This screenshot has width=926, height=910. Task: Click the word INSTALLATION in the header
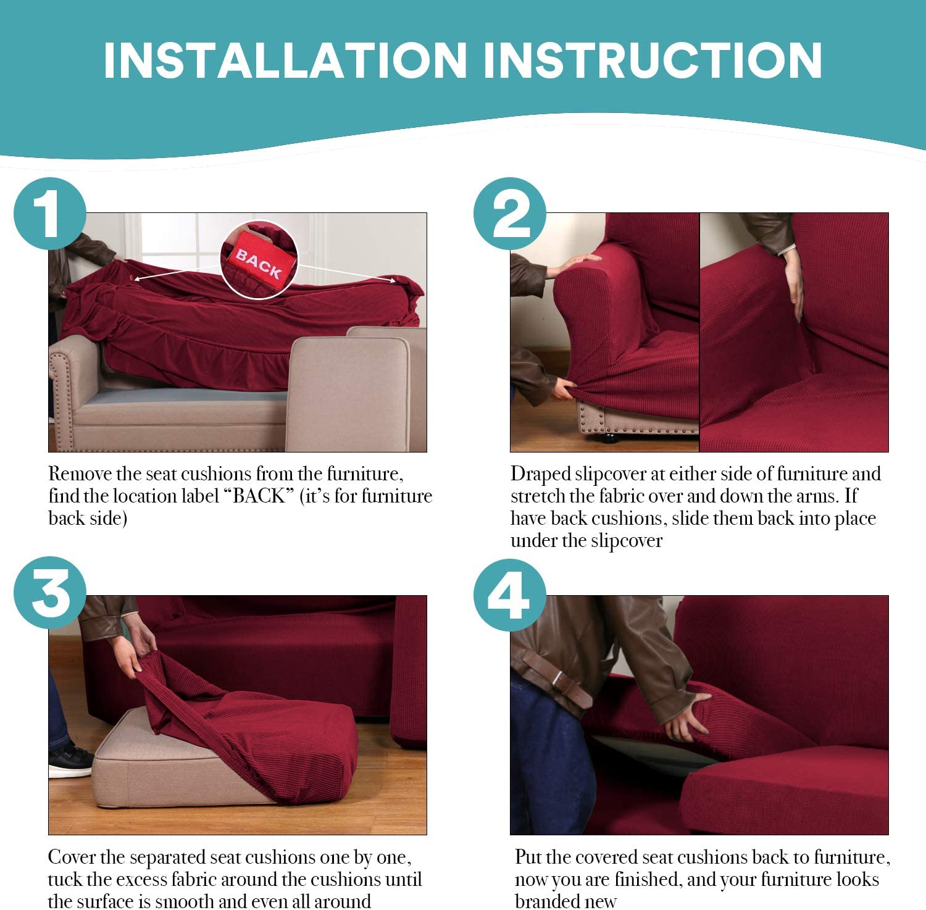tap(285, 60)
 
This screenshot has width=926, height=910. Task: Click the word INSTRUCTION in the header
tap(653, 60)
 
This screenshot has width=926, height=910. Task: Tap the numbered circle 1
tap(50, 214)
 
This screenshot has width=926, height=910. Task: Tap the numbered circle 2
tap(510, 214)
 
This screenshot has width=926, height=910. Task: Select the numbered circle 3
tap(50, 593)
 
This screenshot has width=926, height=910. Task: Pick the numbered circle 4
tap(510, 595)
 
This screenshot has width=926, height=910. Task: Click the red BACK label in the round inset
tap(259, 262)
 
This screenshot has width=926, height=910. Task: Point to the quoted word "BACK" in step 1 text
tap(259, 496)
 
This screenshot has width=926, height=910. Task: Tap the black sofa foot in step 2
tap(609, 439)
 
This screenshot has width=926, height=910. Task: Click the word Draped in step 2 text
tap(540, 474)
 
